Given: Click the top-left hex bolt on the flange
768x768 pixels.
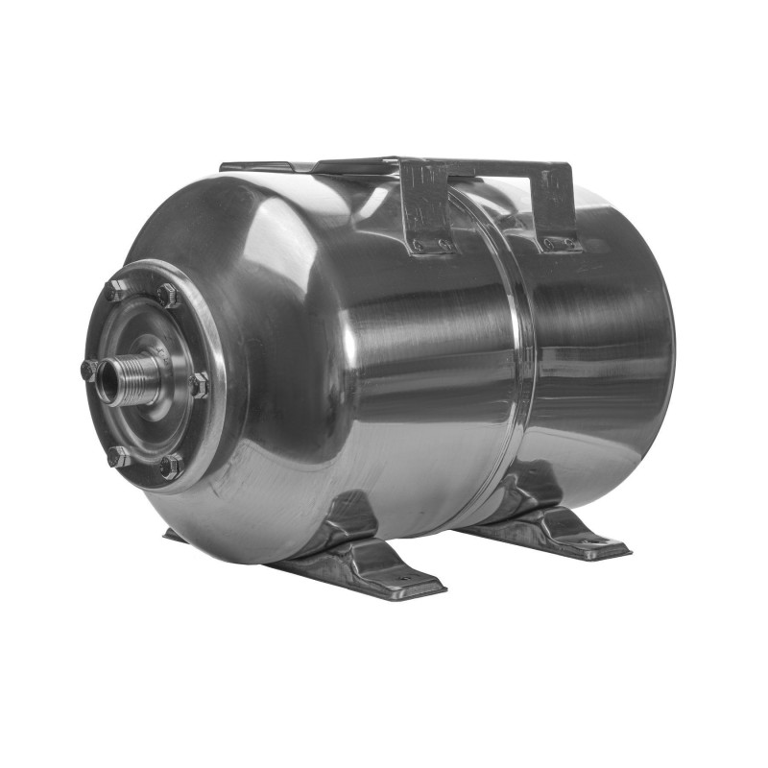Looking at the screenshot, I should (x=115, y=290).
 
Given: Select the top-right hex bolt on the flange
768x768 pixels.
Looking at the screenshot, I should (x=169, y=296).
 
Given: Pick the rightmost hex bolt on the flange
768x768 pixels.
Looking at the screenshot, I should (x=198, y=385).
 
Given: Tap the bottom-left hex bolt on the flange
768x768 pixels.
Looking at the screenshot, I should (x=118, y=456).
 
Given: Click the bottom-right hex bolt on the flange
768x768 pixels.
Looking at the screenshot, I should (x=170, y=467).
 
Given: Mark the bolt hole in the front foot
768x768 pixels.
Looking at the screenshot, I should (x=404, y=578).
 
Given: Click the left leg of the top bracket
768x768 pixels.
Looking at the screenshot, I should (x=425, y=206).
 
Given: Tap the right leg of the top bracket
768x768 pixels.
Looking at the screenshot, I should (x=557, y=206).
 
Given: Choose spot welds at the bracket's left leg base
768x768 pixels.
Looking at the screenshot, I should (x=431, y=246).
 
